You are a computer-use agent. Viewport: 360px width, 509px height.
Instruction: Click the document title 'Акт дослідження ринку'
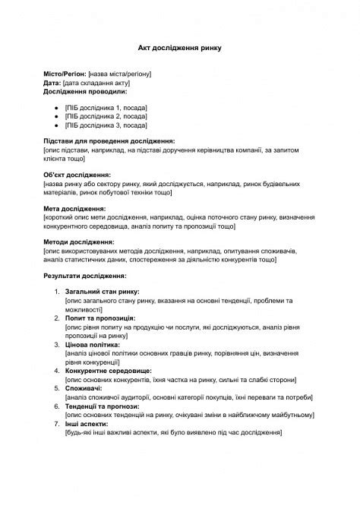(x=180, y=46)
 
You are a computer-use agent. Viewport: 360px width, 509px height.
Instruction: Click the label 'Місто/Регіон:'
(x=65, y=74)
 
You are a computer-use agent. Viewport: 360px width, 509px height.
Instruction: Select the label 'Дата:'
(x=52, y=82)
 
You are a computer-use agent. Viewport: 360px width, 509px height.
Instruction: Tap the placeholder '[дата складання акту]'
(x=96, y=82)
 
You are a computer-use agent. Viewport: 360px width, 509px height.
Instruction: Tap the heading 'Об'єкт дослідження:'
(x=77, y=175)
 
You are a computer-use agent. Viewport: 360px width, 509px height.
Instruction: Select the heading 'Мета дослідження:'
(x=74, y=208)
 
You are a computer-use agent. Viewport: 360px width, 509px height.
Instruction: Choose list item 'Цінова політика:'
(x=93, y=343)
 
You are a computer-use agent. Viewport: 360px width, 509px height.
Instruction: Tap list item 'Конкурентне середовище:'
(x=108, y=369)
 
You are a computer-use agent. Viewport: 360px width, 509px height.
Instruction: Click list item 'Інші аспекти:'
(x=87, y=423)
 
